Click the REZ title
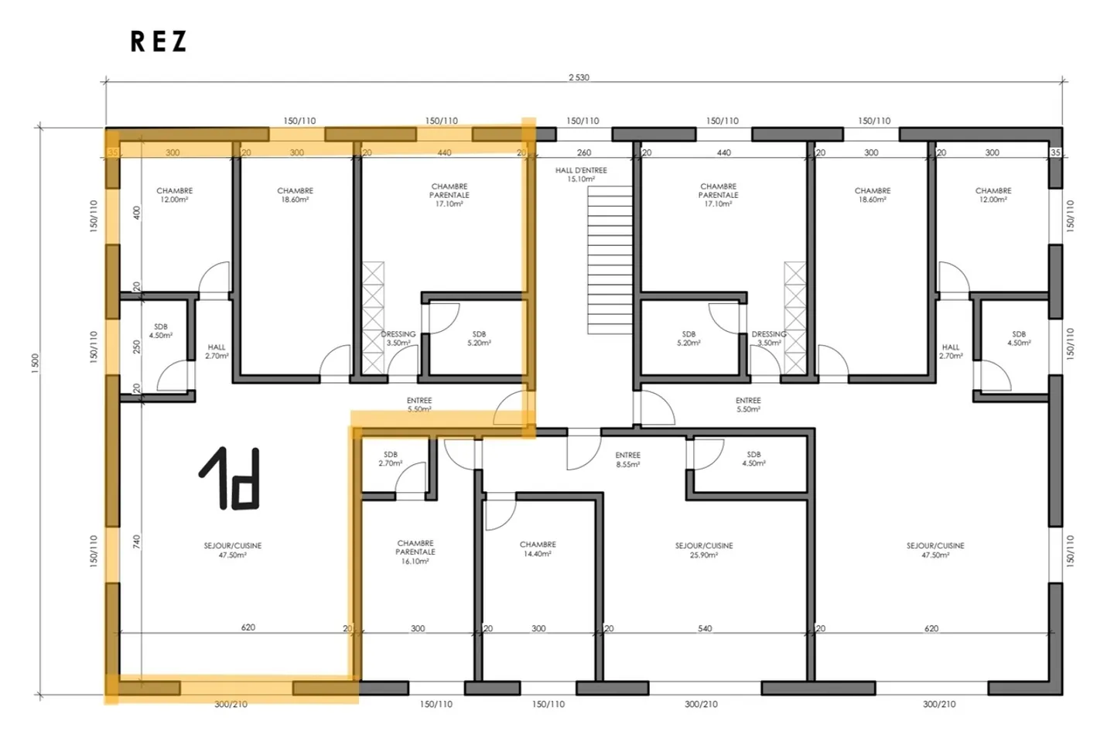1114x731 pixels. (x=159, y=42)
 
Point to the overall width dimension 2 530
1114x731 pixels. (x=579, y=77)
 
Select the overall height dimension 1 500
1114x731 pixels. (x=35, y=364)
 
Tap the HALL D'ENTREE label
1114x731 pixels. (x=581, y=174)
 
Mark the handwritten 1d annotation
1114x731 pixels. (x=229, y=479)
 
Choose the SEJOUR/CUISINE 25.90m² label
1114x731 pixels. (x=703, y=550)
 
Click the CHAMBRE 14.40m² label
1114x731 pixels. (x=538, y=549)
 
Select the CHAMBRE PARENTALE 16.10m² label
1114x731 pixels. (x=415, y=552)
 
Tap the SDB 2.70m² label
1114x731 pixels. (x=390, y=459)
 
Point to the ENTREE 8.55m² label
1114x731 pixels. (x=627, y=459)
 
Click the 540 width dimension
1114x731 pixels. (x=705, y=628)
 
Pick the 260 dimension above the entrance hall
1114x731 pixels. (x=584, y=152)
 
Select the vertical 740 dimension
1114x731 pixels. (x=137, y=541)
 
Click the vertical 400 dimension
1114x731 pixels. (x=137, y=212)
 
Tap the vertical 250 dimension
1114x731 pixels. (x=137, y=346)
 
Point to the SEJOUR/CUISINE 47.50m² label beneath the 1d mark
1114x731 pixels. (x=232, y=550)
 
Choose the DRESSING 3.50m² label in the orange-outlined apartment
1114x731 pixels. (x=398, y=338)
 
